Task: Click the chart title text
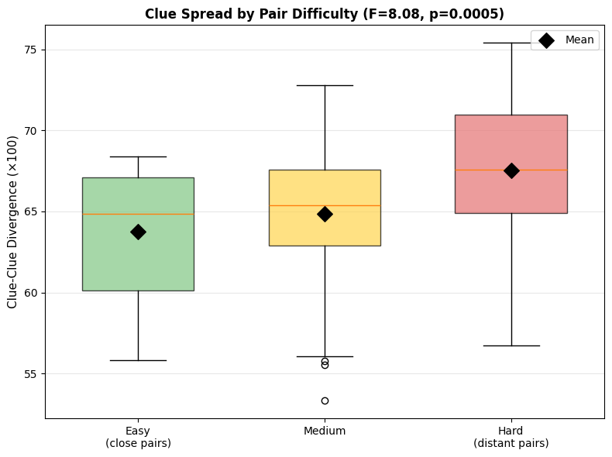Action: coord(325,14)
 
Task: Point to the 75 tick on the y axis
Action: coord(30,50)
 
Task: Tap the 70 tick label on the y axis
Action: coord(30,131)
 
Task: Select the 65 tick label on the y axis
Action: coord(30,212)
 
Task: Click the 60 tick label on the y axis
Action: coord(30,293)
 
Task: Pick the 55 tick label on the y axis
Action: coord(30,374)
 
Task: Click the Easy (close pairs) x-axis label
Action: coord(138,437)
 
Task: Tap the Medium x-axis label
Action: coord(325,431)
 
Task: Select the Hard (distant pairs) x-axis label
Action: coord(511,437)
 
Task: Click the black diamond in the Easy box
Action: coord(138,232)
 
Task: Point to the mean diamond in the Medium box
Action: coord(325,214)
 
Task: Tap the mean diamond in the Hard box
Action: coord(511,170)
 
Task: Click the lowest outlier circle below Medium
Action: coord(325,400)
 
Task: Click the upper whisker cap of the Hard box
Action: coord(511,43)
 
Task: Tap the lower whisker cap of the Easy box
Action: coord(138,360)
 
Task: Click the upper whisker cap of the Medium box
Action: coord(325,85)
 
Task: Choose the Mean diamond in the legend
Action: coord(546,40)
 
